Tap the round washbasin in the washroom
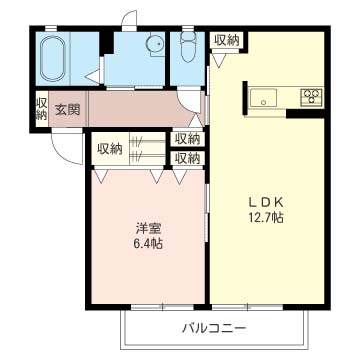click(x=154, y=44)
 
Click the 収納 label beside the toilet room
click(x=226, y=41)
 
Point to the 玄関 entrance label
click(x=67, y=109)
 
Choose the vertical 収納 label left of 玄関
click(x=41, y=109)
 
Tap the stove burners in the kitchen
click(x=311, y=97)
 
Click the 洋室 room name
click(x=148, y=226)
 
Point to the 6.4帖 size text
click(x=148, y=243)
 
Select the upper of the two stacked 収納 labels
click(x=187, y=139)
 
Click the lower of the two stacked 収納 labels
click(x=187, y=157)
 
